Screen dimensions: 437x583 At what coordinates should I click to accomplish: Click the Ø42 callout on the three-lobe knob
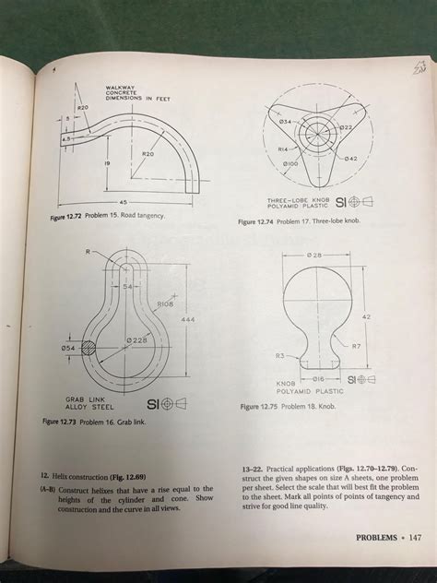351,158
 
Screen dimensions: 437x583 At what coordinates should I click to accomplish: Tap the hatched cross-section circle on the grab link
89,349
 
